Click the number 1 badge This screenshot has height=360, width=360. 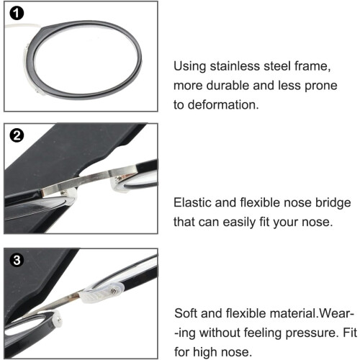click(17, 13)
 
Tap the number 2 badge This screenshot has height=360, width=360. click(17, 135)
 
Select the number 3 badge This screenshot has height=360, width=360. click(17, 260)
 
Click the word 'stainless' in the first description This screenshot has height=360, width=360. click(235, 66)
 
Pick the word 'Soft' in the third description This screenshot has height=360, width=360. click(185, 313)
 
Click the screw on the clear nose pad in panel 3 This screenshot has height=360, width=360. click(114, 291)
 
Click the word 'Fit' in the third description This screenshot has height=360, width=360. click(350, 333)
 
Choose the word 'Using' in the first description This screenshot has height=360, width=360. click(189, 67)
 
